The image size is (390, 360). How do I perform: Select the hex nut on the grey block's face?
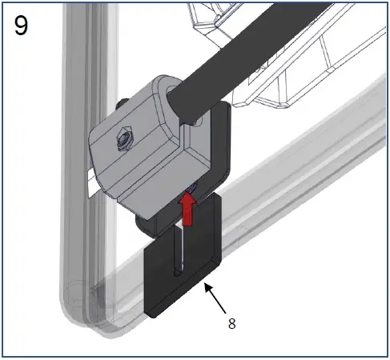[x=123, y=140]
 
